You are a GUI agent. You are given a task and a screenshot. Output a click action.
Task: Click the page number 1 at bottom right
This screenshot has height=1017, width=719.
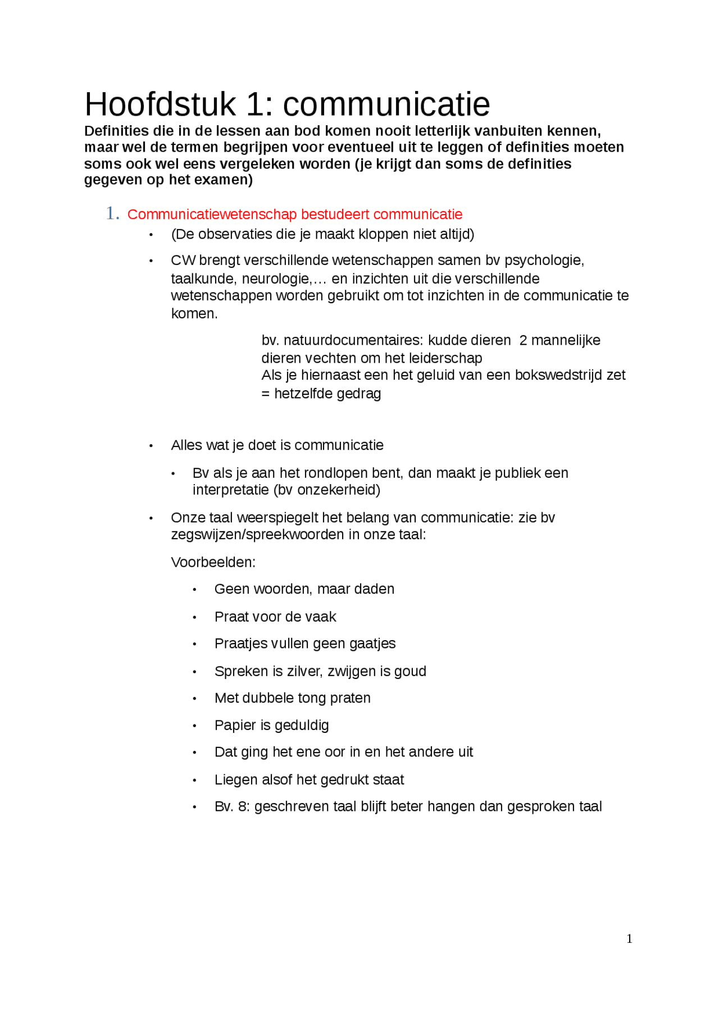coord(629,938)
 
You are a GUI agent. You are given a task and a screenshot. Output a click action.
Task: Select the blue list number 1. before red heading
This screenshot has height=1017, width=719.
coord(112,213)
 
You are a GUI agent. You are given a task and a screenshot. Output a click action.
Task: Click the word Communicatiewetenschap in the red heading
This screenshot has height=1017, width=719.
coord(212,215)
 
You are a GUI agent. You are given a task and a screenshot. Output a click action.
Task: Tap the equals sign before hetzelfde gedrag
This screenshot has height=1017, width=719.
coord(265,394)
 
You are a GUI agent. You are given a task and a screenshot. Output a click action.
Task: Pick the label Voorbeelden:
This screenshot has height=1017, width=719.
coord(213,562)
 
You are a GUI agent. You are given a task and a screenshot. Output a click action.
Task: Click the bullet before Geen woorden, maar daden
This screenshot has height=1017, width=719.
coord(194,590)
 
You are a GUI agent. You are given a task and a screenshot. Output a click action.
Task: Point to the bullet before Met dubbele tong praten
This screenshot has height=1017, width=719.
coord(194,699)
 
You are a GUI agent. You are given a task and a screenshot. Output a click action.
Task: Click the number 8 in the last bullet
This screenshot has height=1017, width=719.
coord(243,807)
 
